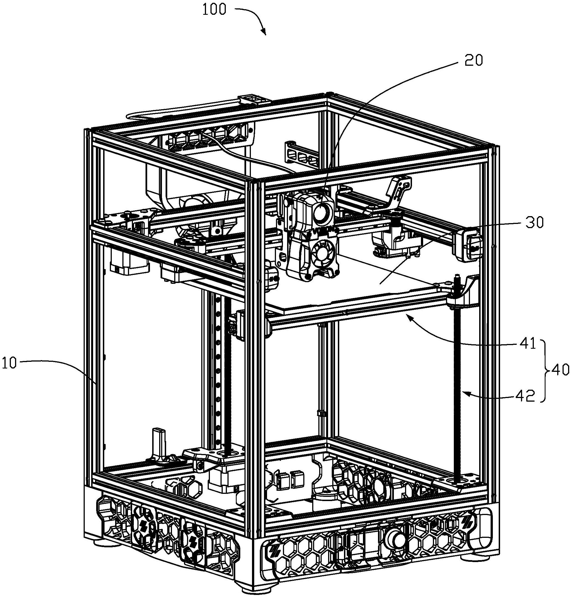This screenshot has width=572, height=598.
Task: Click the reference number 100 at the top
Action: [214, 9]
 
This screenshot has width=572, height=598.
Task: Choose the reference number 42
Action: [526, 396]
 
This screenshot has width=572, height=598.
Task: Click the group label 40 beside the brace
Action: [560, 370]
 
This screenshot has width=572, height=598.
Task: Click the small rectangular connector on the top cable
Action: [254, 100]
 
